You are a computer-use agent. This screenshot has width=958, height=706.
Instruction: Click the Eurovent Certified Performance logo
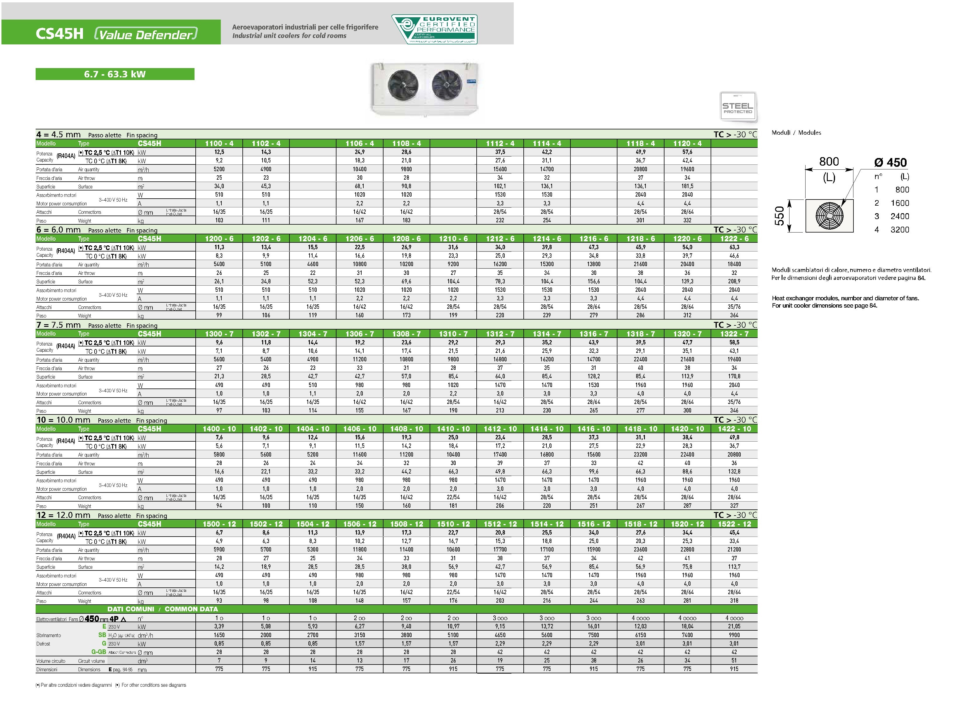coord(434,29)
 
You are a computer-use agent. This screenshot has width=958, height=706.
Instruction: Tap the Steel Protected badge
coord(737,107)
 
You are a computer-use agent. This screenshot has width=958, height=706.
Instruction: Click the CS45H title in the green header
coord(59,34)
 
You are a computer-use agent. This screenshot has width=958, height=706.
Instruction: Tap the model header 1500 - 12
coord(219,524)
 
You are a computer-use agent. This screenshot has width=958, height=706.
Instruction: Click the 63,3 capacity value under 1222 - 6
coord(734,247)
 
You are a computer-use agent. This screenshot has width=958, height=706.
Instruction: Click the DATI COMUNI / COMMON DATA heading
coord(162,609)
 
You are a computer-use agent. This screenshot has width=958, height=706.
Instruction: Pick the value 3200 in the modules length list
coord(900,230)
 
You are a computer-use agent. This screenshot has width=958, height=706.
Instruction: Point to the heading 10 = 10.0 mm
coord(63,420)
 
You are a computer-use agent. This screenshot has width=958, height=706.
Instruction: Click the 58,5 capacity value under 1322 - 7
coord(734,343)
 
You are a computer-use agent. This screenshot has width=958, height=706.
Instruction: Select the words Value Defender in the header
coord(145,34)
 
